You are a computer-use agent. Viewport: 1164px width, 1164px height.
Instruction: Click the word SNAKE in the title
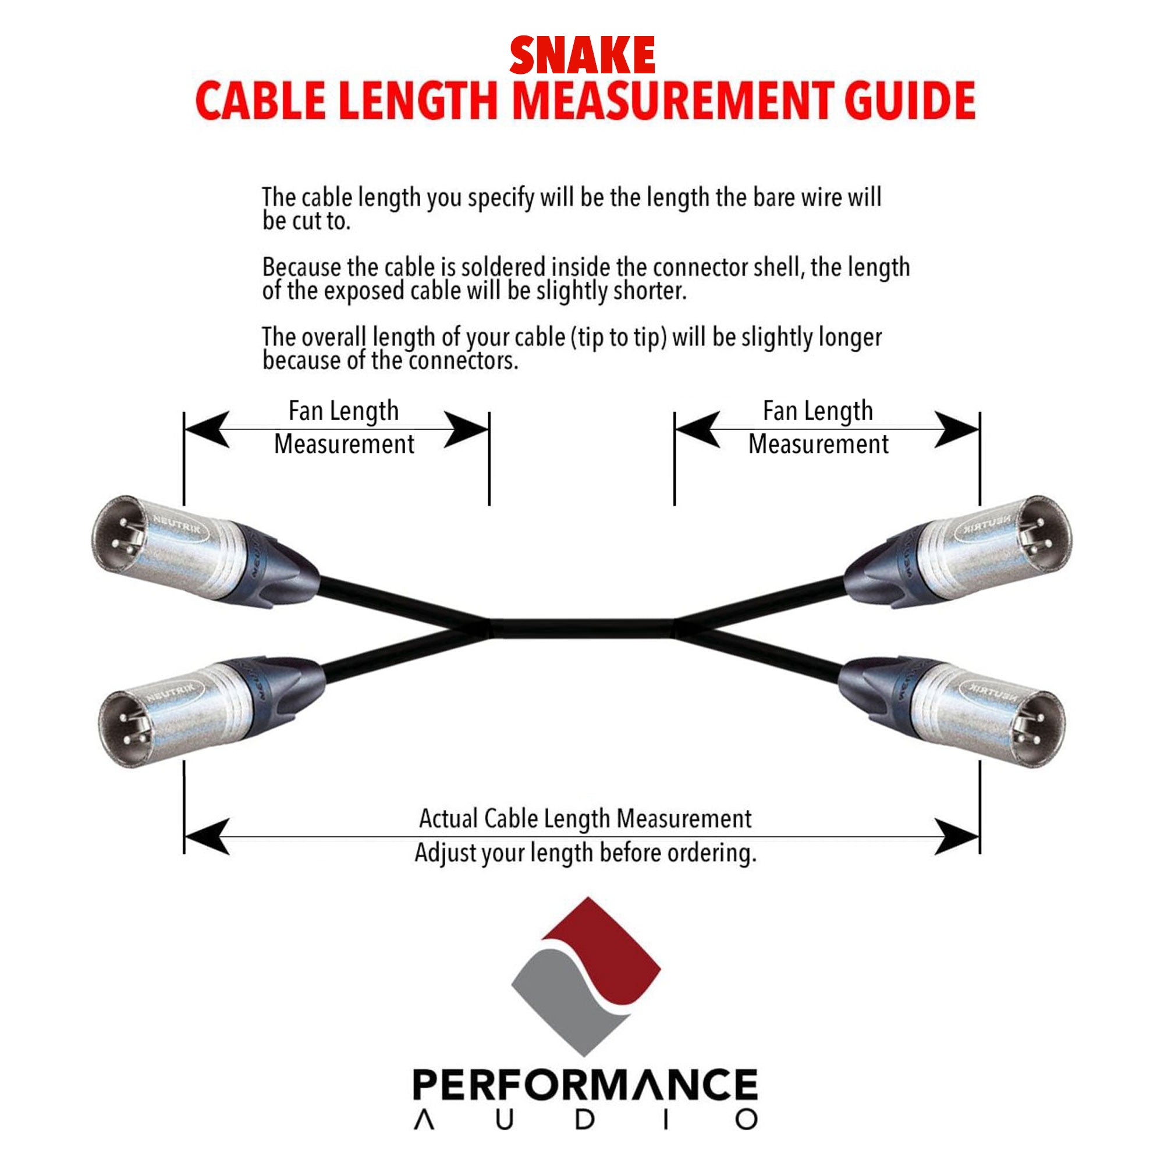(582, 55)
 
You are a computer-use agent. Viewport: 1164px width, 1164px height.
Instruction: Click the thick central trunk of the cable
(582, 628)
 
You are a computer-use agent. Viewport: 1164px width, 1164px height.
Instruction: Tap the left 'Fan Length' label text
(343, 411)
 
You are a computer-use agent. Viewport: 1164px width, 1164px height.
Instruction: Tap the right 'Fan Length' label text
(818, 411)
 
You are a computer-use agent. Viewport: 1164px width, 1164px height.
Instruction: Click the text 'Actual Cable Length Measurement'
(585, 819)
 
